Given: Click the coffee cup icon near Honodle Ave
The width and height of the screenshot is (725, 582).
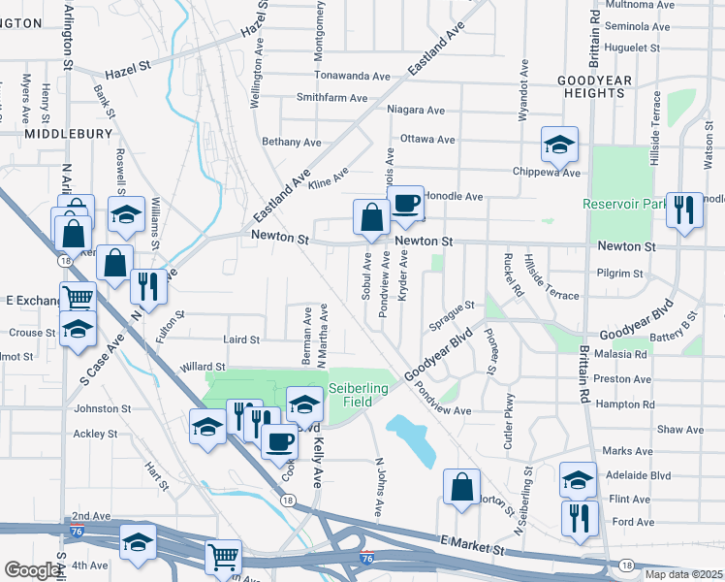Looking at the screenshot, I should [x=406, y=204].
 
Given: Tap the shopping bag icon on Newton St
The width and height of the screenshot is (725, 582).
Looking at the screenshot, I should [x=371, y=217].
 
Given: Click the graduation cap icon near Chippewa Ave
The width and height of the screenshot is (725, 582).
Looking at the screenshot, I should [x=559, y=145].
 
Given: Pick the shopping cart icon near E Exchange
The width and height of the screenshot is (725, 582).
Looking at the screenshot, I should [x=78, y=299].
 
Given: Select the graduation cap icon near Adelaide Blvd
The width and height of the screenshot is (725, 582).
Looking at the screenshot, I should [x=578, y=480].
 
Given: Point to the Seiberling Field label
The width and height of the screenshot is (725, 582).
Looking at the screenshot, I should [x=359, y=395].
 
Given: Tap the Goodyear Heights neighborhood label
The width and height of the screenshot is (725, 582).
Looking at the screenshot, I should [x=591, y=85].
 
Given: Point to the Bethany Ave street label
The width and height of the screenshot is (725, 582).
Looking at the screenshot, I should [x=292, y=142].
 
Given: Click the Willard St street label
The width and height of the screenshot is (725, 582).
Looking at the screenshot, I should [x=203, y=367].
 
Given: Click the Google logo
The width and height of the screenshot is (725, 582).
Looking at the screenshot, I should [x=33, y=569].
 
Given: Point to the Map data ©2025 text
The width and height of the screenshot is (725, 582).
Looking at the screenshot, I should [x=683, y=574].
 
